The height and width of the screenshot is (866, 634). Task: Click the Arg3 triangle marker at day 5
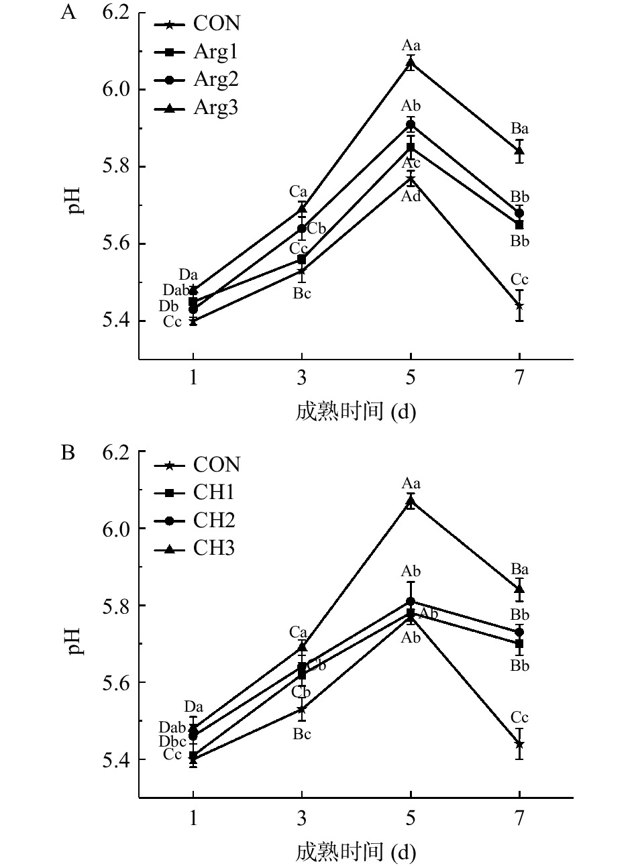[411, 63]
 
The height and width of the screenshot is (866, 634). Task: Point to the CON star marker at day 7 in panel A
[519, 306]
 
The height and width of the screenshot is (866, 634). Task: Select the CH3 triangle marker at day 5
[411, 501]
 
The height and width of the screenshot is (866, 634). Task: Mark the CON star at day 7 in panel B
[519, 744]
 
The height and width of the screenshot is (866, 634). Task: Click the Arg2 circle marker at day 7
[519, 213]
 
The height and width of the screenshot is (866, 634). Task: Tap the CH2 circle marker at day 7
[519, 633]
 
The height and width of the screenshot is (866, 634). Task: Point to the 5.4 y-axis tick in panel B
[115, 760]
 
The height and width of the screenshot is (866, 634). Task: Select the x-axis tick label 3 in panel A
[302, 377]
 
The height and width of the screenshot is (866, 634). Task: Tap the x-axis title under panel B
[356, 852]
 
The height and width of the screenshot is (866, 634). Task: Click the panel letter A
[68, 13]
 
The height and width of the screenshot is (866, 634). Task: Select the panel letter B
[68, 453]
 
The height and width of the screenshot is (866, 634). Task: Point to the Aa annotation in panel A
[411, 46]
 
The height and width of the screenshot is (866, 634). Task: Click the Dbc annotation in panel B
[172, 741]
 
